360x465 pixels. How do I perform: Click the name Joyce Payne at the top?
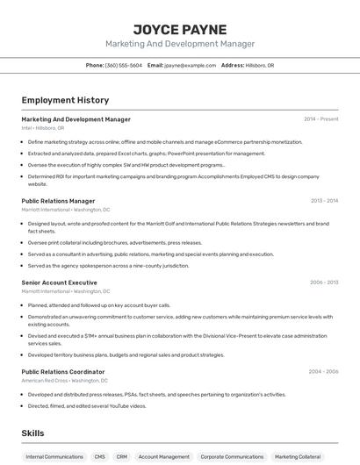(179, 29)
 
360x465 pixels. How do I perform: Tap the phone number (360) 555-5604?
(123, 65)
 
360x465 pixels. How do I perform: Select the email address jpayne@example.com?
(190, 65)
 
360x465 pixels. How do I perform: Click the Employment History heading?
(65, 100)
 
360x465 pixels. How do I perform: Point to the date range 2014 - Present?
(320, 119)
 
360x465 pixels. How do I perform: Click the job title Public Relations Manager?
(58, 201)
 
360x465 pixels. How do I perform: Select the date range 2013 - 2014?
(324, 201)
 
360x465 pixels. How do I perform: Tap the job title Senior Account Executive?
(59, 283)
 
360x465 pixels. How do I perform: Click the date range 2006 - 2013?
(324, 283)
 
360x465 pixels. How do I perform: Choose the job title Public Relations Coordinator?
(63, 372)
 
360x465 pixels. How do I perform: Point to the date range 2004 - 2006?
(323, 372)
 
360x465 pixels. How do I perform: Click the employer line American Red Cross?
(65, 381)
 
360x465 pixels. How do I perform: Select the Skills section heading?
(32, 433)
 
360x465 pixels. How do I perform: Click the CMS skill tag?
(100, 457)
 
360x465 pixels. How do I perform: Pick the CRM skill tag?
(122, 457)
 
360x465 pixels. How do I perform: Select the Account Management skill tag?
(164, 457)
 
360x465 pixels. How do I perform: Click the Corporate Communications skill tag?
(232, 457)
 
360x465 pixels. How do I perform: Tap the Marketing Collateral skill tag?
(298, 457)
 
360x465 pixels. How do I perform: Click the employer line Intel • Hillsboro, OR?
(43, 128)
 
